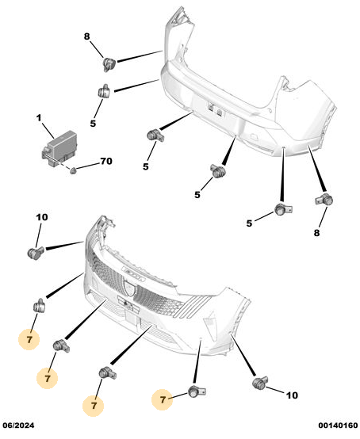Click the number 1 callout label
click(39, 118)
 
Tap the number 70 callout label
click(106, 161)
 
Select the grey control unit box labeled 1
click(59, 149)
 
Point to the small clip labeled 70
click(73, 170)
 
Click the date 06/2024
click(18, 426)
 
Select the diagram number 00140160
click(338, 426)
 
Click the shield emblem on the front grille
click(129, 288)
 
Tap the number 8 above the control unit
click(87, 36)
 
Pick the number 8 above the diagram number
click(316, 232)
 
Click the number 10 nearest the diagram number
click(292, 395)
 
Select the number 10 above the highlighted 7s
click(42, 217)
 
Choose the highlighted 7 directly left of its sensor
click(163, 399)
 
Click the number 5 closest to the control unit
click(93, 123)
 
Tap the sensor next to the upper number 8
click(109, 64)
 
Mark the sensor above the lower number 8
click(324, 200)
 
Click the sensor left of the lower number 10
click(260, 383)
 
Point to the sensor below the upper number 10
click(36, 253)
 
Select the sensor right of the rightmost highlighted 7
click(197, 391)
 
